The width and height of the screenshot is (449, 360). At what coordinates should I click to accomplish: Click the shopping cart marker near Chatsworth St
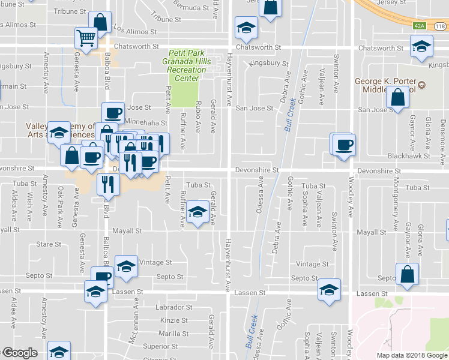86,39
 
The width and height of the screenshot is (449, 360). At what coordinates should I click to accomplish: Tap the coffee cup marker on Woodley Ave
344,145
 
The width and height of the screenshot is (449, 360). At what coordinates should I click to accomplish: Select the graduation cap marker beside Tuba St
197,212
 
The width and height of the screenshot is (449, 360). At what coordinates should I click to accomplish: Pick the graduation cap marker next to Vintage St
126,267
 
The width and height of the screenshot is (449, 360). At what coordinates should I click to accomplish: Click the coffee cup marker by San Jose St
113,113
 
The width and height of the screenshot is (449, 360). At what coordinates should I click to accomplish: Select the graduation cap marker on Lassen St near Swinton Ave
329,290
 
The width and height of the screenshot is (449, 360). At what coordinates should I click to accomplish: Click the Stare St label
46,245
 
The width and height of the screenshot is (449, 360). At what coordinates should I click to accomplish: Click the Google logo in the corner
20,353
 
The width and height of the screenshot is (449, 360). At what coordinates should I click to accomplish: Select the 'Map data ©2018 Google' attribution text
411,355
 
